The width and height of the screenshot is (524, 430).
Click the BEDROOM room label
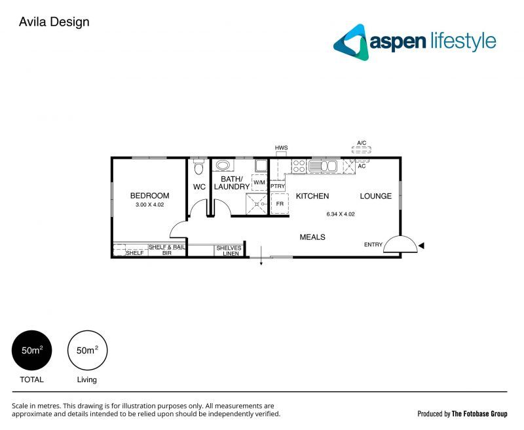[149, 195]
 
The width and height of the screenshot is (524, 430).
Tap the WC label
[199, 187]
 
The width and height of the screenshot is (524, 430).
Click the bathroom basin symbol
[223, 166]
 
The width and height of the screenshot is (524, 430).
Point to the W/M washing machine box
[259, 183]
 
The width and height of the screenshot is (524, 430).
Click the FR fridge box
[280, 204]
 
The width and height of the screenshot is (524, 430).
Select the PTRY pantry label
[277, 186]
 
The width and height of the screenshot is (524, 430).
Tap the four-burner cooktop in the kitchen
[299, 166]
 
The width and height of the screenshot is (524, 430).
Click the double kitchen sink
[323, 166]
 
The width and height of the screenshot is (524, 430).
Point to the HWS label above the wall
[282, 147]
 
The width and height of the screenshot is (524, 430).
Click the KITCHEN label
[312, 196]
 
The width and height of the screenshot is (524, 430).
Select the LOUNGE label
[375, 196]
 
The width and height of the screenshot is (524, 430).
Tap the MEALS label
[312, 237]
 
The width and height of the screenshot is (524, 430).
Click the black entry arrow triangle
[422, 245]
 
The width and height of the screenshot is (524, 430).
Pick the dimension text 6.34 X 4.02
[340, 214]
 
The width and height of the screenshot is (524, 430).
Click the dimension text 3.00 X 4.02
[149, 205]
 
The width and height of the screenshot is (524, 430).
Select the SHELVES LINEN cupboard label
[229, 250]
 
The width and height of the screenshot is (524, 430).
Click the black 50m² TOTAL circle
[32, 350]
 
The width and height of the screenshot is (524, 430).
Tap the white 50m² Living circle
[87, 350]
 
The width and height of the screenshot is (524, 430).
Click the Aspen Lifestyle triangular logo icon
[350, 42]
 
